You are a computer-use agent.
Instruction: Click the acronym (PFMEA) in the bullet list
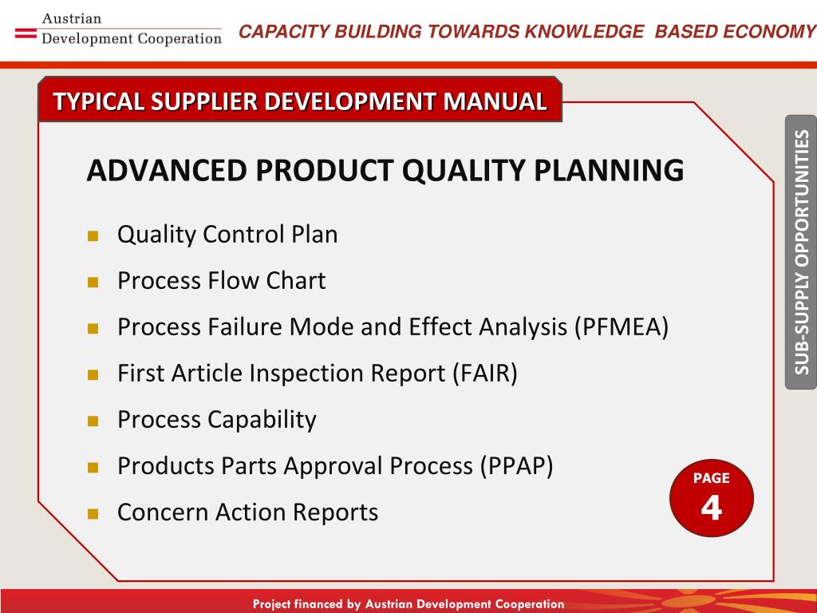pyautogui.click(x=621, y=327)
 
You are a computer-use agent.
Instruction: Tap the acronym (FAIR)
pyautogui.click(x=484, y=374)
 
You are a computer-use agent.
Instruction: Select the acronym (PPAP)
pyautogui.click(x=516, y=466)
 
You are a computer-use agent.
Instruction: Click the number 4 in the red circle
pyautogui.click(x=711, y=507)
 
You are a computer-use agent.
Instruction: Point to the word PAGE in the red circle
pyautogui.click(x=711, y=478)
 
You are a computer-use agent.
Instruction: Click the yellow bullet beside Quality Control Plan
pyautogui.click(x=93, y=236)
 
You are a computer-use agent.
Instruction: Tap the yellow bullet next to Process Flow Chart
pyautogui.click(x=93, y=283)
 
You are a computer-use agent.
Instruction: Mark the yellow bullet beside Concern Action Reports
pyautogui.click(x=93, y=514)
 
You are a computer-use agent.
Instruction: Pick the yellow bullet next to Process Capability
pyautogui.click(x=93, y=421)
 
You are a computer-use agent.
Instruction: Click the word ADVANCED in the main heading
pyautogui.click(x=167, y=171)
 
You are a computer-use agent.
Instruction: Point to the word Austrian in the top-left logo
pyautogui.click(x=71, y=19)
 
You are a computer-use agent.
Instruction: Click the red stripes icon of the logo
pyautogui.click(x=26, y=34)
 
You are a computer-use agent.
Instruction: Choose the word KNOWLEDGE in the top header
pyautogui.click(x=584, y=31)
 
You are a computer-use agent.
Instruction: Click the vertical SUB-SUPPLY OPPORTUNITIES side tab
pyautogui.click(x=801, y=252)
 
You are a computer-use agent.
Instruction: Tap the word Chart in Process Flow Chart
pyautogui.click(x=296, y=281)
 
